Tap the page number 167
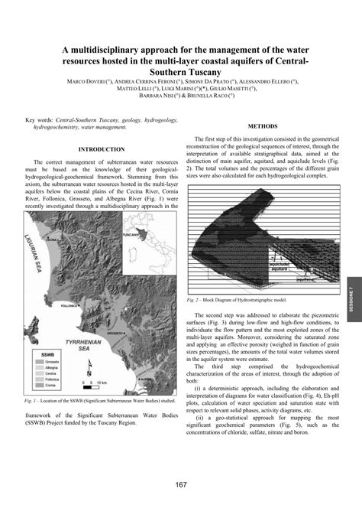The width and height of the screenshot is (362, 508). [181, 484]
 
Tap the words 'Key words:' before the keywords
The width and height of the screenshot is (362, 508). [40, 121]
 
